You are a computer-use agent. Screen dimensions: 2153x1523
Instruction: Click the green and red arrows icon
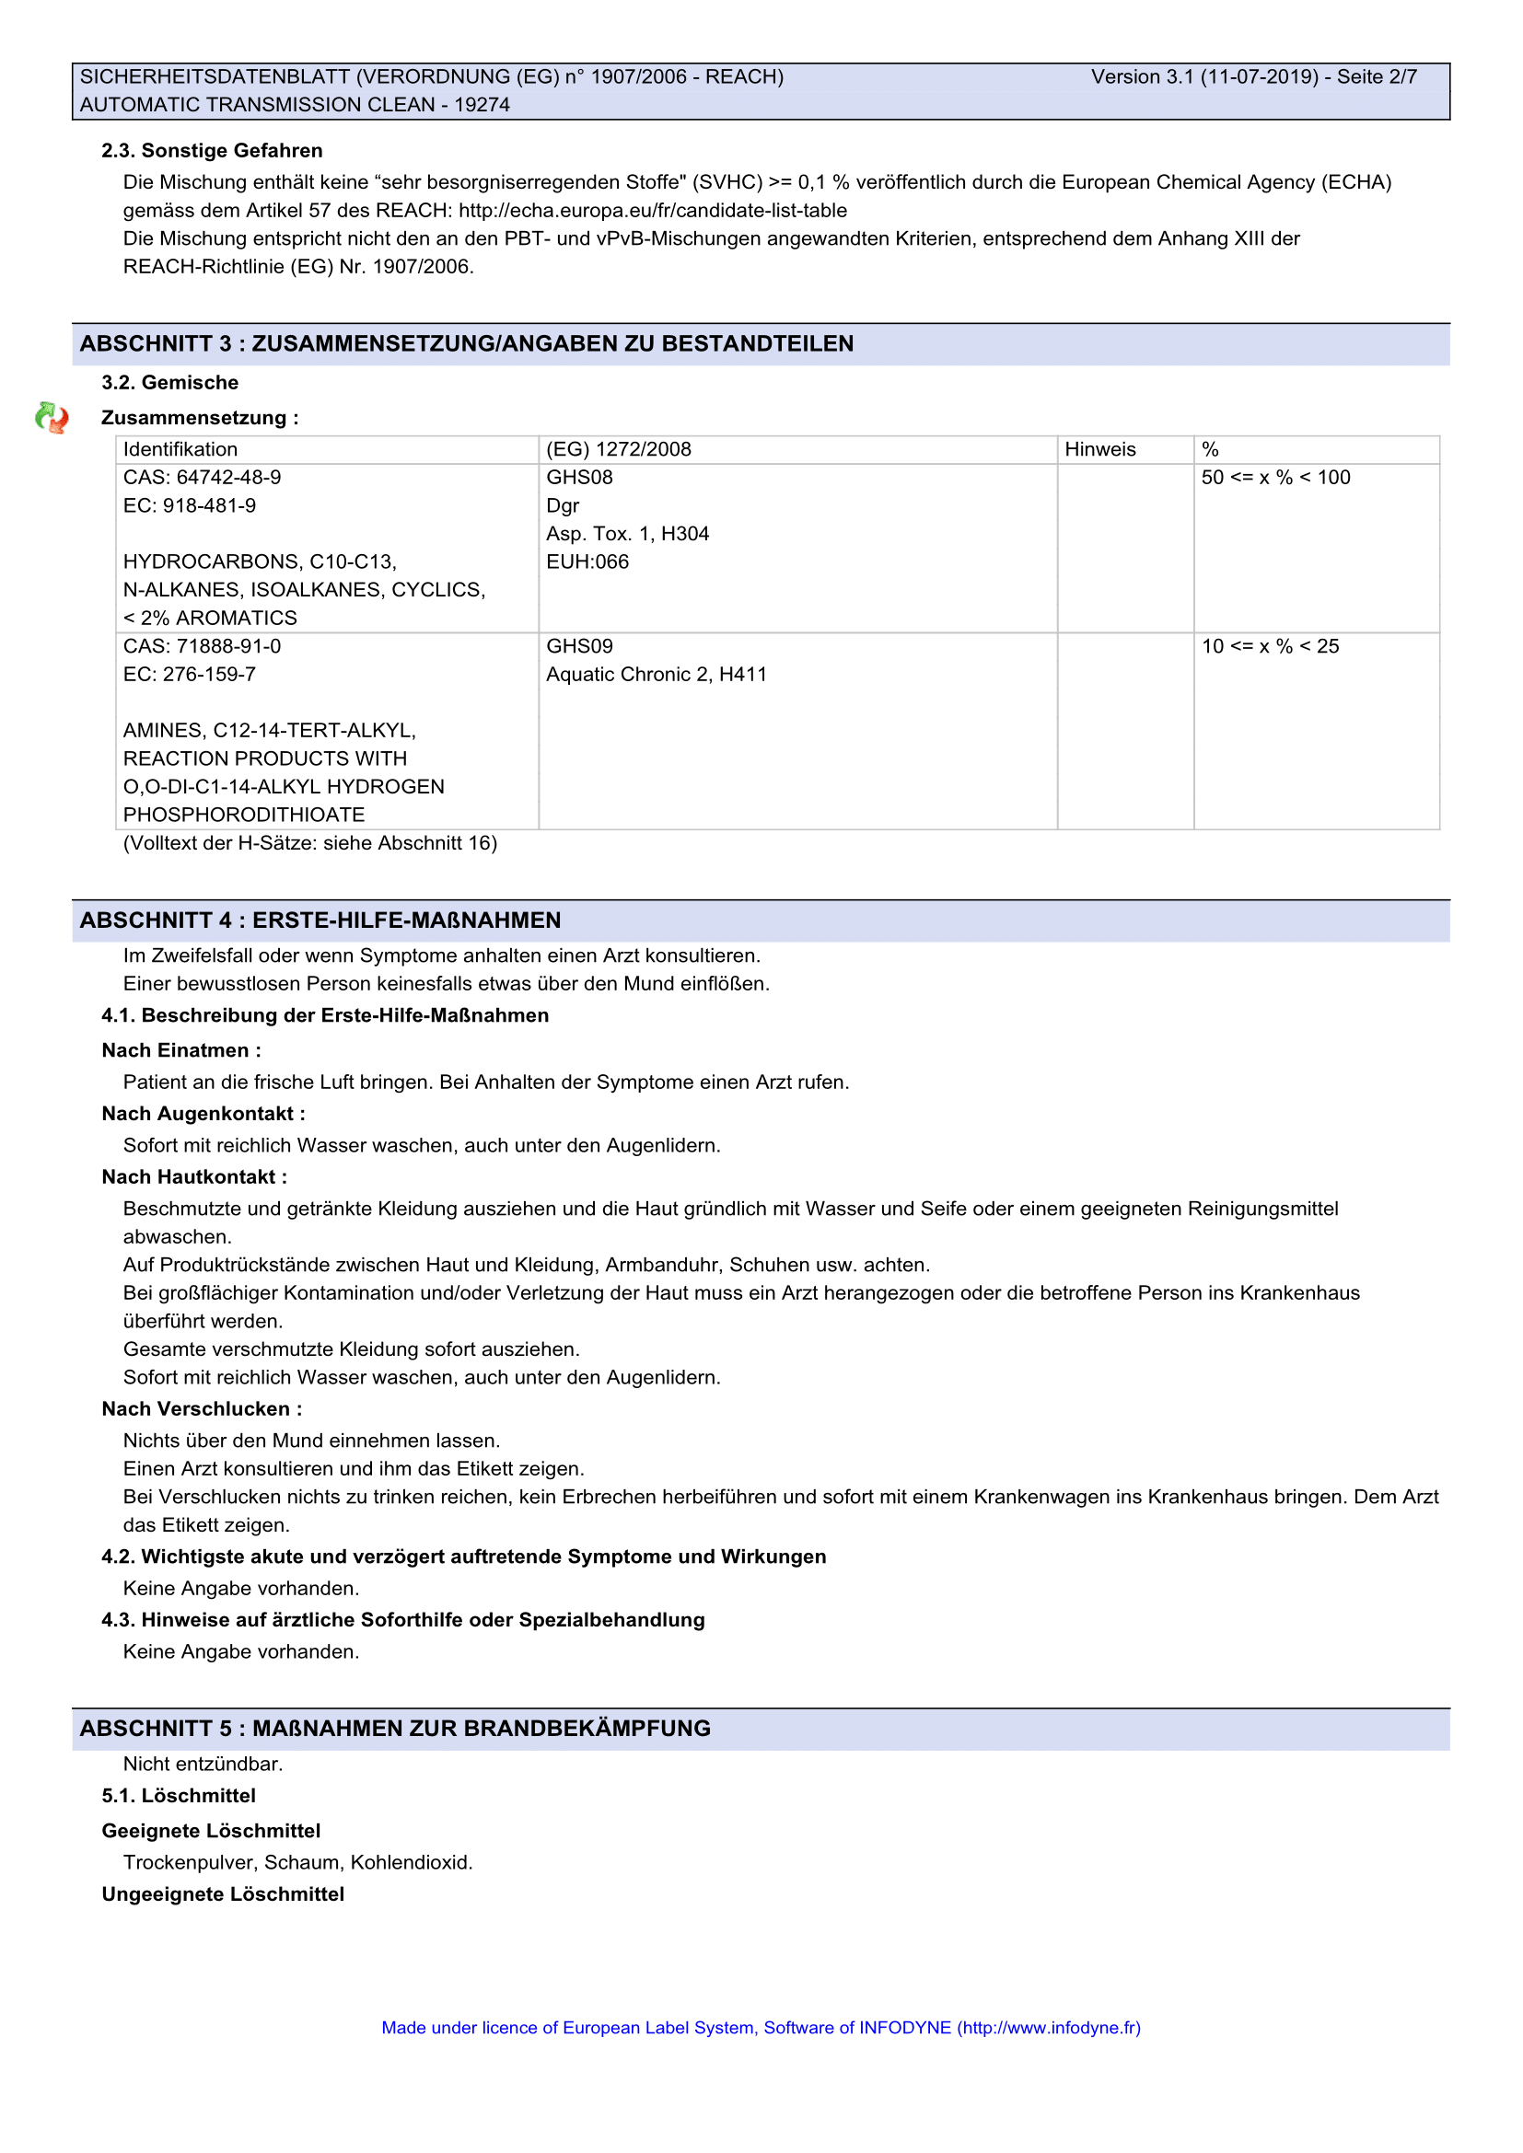tap(52, 417)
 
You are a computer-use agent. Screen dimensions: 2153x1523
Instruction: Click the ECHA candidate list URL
tap(653, 211)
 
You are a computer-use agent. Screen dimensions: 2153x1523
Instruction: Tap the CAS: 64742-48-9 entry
tap(202, 478)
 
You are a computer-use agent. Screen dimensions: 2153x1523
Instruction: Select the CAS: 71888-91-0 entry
tap(202, 646)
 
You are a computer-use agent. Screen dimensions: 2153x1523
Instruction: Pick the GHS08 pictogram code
tap(579, 478)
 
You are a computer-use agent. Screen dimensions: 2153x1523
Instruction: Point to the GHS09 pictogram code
tap(579, 646)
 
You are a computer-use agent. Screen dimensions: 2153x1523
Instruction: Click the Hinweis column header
tap(1100, 449)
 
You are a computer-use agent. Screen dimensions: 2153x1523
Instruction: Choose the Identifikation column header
tap(180, 449)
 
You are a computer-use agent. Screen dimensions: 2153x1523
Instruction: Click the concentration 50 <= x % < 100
tap(1275, 478)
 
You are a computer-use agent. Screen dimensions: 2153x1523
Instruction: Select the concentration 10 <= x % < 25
tap(1270, 646)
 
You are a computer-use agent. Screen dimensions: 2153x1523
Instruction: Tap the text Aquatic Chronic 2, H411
tap(657, 674)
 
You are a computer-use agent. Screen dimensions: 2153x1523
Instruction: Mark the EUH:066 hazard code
tap(587, 561)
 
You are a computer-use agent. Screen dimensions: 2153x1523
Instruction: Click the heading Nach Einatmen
tap(181, 1050)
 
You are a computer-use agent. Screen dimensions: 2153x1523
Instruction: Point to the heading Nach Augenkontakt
tap(203, 1114)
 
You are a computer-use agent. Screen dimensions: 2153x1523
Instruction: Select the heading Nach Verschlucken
tap(202, 1408)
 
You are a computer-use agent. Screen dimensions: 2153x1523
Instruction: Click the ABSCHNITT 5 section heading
tap(395, 1729)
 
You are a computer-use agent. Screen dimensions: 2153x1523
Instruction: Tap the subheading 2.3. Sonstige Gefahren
tap(212, 151)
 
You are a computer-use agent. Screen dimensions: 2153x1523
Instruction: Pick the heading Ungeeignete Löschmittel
tap(223, 1894)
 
